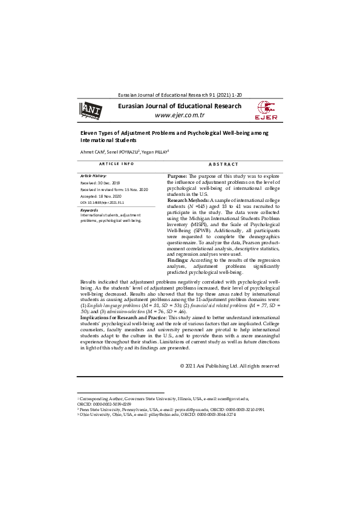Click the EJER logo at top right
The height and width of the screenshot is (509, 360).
[x=267, y=111]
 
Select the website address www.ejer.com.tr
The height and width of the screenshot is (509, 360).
[x=180, y=115]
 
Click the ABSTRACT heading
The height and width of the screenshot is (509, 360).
[x=223, y=164]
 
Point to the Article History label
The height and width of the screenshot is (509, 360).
[x=93, y=175]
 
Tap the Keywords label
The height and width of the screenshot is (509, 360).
[x=89, y=210]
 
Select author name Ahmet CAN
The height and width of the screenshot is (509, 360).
[x=93, y=152]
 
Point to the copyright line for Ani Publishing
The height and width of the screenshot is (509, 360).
[x=229, y=366]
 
